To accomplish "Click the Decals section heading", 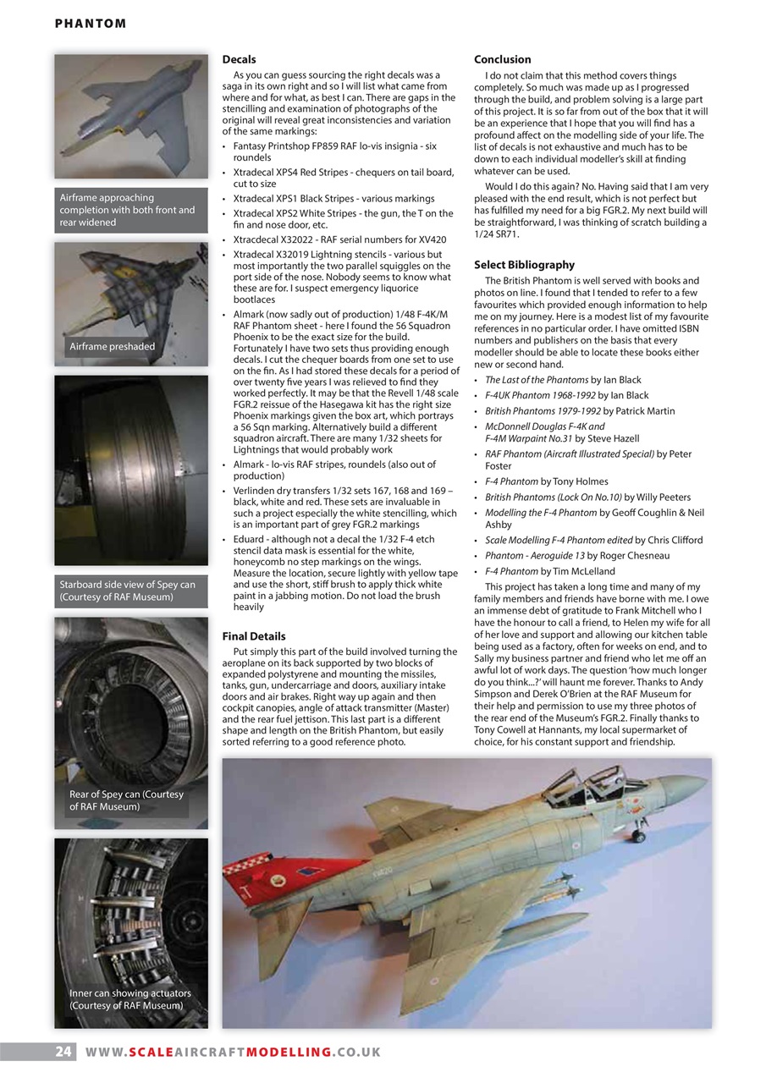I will tap(239, 59).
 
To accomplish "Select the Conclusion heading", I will tap(502, 59).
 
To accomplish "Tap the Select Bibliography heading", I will tap(524, 265).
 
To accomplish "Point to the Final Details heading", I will tap(253, 635).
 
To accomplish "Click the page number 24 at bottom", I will tap(63, 1052).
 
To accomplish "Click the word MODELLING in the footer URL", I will tap(289, 1052).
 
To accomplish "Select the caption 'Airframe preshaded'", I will tap(112, 346).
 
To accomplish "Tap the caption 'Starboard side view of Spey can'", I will tap(127, 591).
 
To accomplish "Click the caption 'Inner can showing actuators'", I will tap(129, 998).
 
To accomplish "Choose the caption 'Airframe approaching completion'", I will tap(127, 210).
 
